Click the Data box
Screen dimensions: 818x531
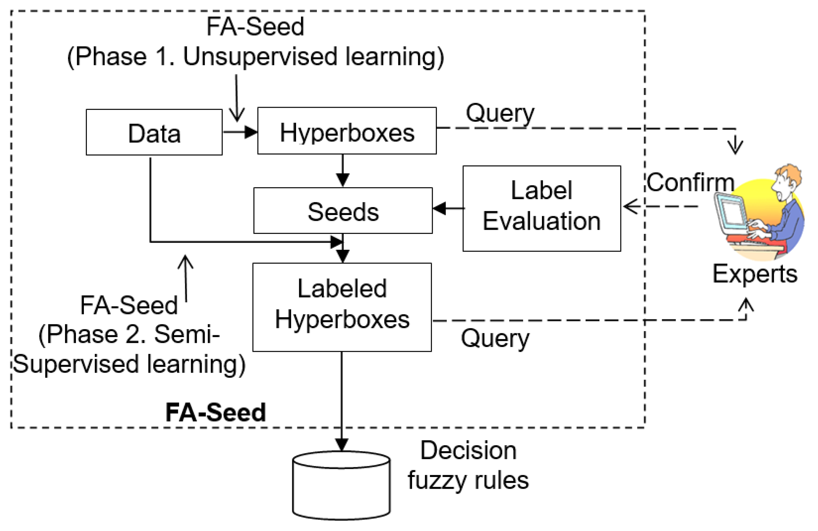pyautogui.click(x=154, y=132)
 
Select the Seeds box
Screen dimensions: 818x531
pyautogui.click(x=343, y=211)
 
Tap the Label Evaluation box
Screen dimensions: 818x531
pyautogui.click(x=542, y=208)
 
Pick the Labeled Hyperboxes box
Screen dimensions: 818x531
pyautogui.click(x=342, y=307)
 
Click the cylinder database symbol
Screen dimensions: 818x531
pyautogui.click(x=341, y=485)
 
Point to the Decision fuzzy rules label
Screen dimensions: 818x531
pyautogui.click(x=468, y=465)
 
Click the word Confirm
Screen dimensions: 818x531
pyautogui.click(x=690, y=182)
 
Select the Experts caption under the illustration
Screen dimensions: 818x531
pyautogui.click(x=755, y=274)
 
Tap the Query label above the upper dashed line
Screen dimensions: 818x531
pyautogui.click(x=500, y=113)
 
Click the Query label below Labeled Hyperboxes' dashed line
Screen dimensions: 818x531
pyautogui.click(x=495, y=338)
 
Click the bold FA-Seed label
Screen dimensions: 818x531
pyautogui.click(x=216, y=412)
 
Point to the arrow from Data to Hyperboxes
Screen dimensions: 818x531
pyautogui.click(x=240, y=132)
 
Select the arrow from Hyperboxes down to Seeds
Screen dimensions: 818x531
pyautogui.click(x=343, y=170)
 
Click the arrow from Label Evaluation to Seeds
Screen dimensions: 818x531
pyautogui.click(x=448, y=208)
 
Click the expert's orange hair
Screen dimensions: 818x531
pyautogui.click(x=789, y=174)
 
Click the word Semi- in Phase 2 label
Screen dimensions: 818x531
pyautogui.click(x=187, y=334)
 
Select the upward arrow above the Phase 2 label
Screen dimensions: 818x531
pyautogui.click(x=186, y=279)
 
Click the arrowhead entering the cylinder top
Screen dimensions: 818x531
pyautogui.click(x=342, y=444)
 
